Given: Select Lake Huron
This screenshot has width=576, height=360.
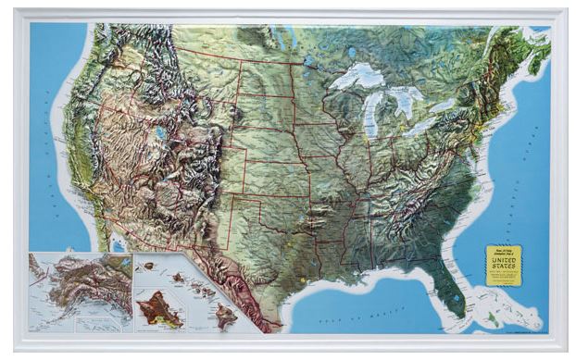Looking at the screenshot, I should click(x=404, y=100).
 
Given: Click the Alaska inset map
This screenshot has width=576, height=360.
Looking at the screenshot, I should click(x=79, y=292).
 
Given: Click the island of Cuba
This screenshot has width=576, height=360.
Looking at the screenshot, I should click(x=500, y=325).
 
